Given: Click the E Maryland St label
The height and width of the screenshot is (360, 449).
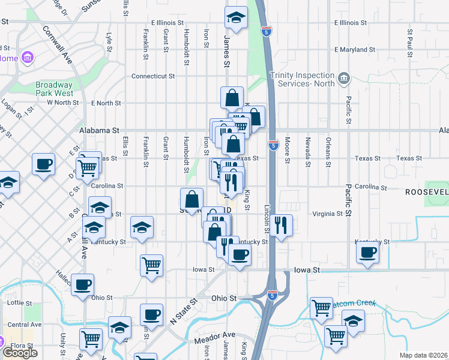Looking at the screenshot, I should point(354,50).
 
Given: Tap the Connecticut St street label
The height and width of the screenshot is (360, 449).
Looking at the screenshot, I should point(152,76).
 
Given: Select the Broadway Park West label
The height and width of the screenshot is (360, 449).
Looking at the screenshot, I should point(54,89).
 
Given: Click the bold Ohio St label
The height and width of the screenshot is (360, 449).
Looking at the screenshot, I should point(224,298).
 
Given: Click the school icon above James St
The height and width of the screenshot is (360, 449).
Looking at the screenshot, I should point(236,18).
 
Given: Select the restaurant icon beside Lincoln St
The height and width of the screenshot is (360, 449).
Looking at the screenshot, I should point(280,226).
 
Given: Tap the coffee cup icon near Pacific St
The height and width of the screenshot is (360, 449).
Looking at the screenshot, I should point(368,252).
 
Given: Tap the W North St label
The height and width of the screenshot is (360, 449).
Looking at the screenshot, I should point(62,103).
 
